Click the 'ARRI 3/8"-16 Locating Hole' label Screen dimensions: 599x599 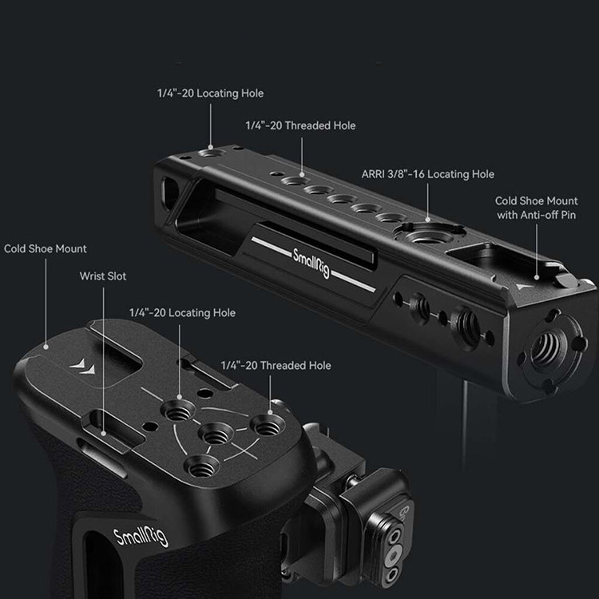click(428, 174)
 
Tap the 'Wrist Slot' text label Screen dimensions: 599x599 click(103, 276)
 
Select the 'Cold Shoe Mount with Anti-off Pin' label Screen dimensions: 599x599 click(537, 208)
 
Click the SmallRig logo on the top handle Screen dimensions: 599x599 click(311, 264)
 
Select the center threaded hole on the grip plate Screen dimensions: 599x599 click(216, 434)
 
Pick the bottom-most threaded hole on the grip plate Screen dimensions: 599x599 click(201, 466)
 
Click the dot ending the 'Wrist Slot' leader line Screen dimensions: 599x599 click(103, 433)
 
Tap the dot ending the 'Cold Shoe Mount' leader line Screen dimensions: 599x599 click(46, 347)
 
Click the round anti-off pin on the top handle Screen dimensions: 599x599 click(565, 280)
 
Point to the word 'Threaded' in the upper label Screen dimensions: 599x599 click(307, 125)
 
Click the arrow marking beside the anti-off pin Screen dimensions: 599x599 click(524, 286)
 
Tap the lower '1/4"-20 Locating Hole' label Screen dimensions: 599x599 click(182, 313)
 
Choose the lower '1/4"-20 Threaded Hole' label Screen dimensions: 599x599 click(276, 366)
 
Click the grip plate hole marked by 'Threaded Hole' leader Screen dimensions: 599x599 click(268, 425)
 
